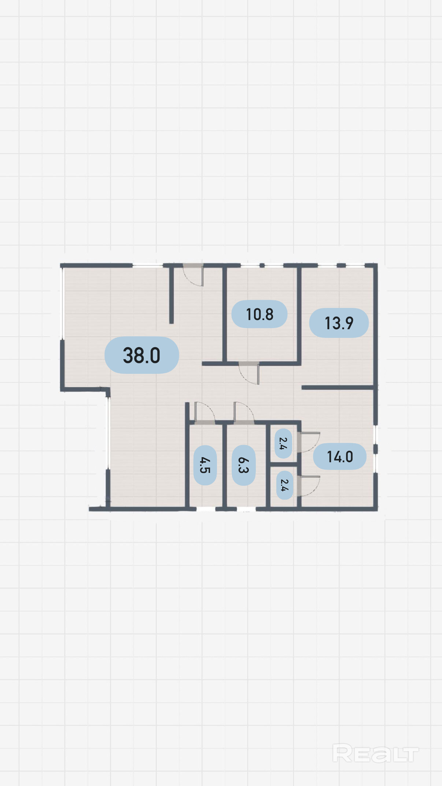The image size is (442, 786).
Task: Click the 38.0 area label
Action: click(x=141, y=355)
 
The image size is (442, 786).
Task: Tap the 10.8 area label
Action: click(x=259, y=314)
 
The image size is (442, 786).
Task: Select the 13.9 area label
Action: click(x=339, y=323)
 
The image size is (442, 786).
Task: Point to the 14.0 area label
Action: click(x=340, y=456)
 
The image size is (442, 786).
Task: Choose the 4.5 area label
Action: click(x=205, y=465)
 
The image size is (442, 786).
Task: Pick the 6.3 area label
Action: click(x=244, y=465)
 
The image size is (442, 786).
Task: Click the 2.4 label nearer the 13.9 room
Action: click(x=283, y=444)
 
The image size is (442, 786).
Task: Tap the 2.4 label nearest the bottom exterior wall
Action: click(x=284, y=485)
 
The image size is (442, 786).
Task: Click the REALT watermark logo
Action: click(x=375, y=754)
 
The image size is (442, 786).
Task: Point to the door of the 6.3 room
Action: click(x=244, y=412)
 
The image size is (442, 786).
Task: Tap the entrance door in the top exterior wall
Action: click(x=193, y=274)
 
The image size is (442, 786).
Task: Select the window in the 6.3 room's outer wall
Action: click(x=246, y=509)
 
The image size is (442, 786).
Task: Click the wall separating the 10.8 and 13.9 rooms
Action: click(x=299, y=315)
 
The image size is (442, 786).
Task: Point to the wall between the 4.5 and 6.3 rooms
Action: click(x=225, y=466)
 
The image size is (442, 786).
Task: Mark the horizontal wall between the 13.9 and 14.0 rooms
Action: click(x=338, y=387)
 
